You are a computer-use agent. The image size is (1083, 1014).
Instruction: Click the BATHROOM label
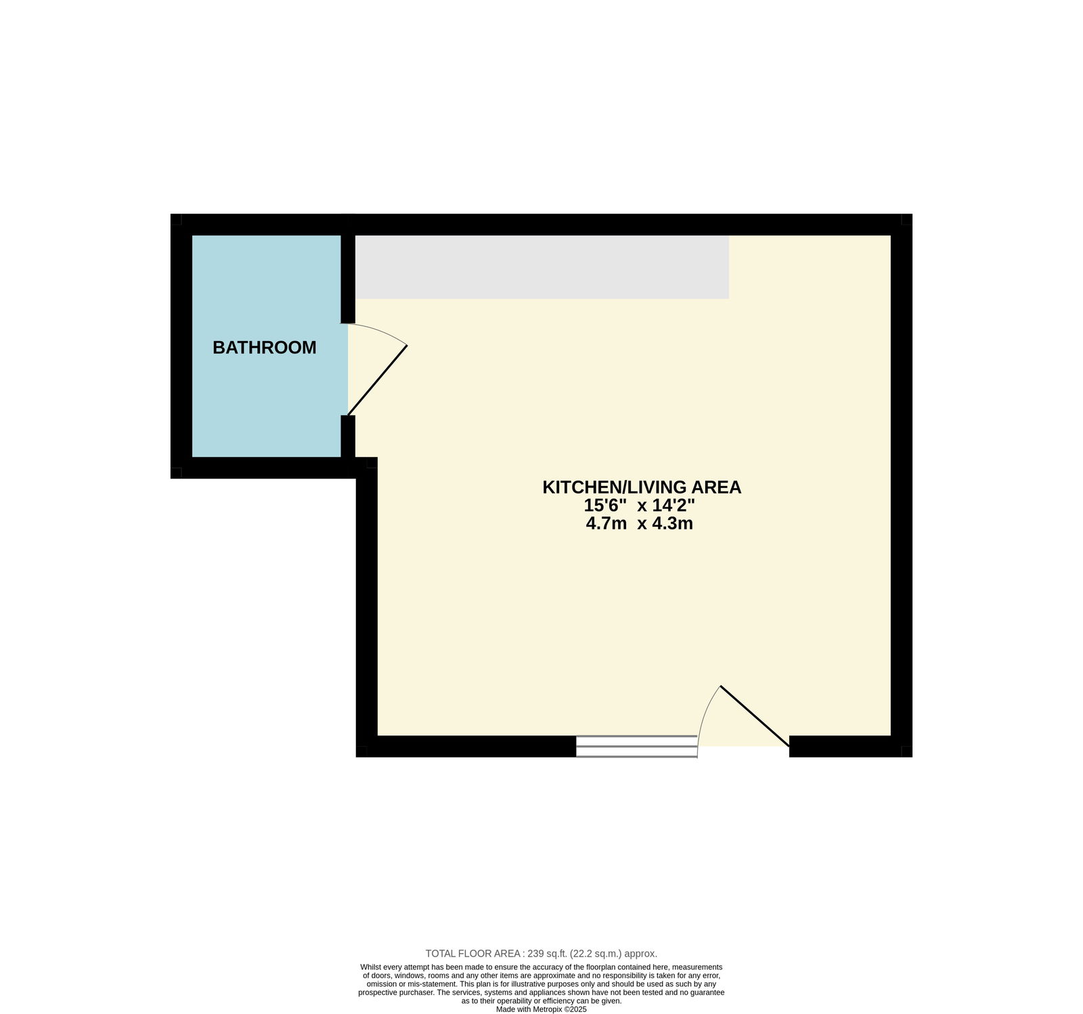[264, 347]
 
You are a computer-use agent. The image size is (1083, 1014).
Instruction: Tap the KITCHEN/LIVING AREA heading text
[642, 487]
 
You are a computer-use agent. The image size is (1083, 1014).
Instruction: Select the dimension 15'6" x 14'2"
[640, 505]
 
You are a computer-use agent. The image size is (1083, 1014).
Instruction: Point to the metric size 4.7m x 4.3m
[640, 523]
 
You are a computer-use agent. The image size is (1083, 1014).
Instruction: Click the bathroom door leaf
[378, 380]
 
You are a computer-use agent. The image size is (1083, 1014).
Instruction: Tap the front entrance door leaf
[755, 716]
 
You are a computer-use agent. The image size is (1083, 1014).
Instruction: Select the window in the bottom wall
[636, 746]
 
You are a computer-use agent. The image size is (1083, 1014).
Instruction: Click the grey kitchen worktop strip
[542, 267]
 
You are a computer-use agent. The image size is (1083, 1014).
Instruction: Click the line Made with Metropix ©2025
[541, 1009]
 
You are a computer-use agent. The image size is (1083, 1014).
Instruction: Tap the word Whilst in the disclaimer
[372, 967]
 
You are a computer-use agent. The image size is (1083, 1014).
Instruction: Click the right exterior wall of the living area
[902, 485]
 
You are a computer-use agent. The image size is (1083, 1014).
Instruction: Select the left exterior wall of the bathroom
[181, 346]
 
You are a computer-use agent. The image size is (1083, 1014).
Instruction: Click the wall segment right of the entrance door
[851, 746]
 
